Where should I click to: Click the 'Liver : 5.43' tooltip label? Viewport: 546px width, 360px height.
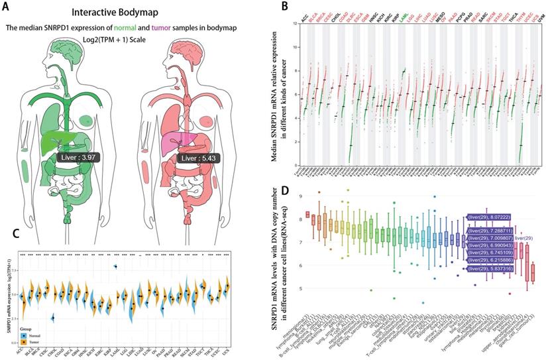pyautogui.click(x=198, y=159)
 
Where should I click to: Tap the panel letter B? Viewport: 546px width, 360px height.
pyautogui.click(x=285, y=7)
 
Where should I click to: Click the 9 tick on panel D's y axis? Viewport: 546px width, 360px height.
pyautogui.click(x=302, y=196)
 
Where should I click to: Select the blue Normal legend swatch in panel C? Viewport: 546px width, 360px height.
pyautogui.click(x=25, y=335)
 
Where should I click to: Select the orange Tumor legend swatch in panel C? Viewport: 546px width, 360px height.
pyautogui.click(x=25, y=342)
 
